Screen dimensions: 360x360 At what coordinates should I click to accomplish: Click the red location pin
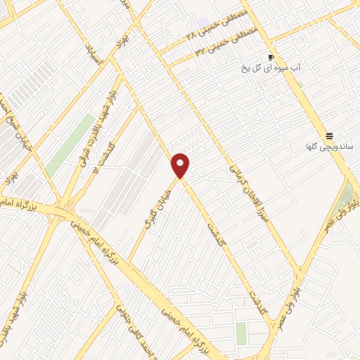pyautogui.click(x=181, y=166)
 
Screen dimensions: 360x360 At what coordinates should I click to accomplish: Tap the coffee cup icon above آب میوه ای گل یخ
pyautogui.click(x=271, y=57)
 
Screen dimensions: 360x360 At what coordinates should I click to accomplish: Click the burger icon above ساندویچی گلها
pyautogui.click(x=328, y=136)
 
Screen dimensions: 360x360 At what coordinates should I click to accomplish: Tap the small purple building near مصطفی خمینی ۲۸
pyautogui.click(x=203, y=23)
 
